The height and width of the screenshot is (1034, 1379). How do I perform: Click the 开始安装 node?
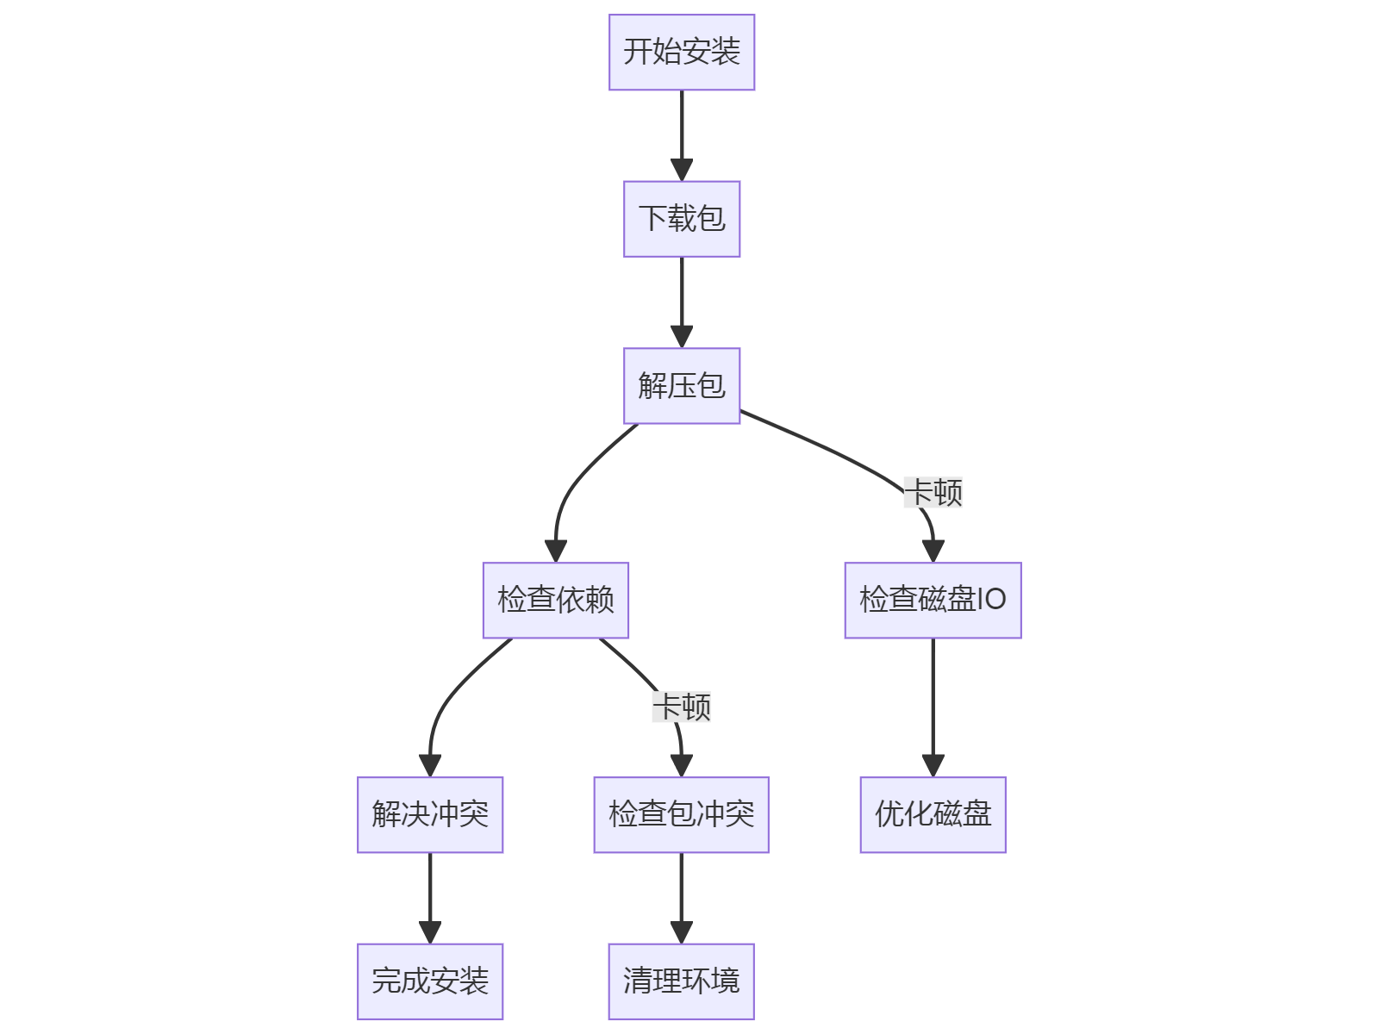tap(682, 52)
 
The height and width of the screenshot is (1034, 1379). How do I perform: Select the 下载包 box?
tap(682, 219)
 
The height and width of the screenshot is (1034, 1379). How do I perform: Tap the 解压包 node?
tap(682, 386)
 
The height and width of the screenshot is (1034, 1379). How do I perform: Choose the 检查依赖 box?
tap(556, 600)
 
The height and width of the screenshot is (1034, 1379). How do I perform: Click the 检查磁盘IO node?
tap(933, 600)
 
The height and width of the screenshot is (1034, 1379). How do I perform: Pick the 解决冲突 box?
tap(430, 814)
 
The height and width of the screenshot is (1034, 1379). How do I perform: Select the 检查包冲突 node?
tap(681, 814)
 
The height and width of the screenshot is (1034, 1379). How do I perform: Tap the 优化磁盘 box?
tap(933, 814)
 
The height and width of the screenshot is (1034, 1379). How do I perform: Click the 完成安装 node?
tap(430, 981)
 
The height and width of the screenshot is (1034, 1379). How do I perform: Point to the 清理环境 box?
tap(681, 981)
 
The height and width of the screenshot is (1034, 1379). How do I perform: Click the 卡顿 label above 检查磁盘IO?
tap(933, 493)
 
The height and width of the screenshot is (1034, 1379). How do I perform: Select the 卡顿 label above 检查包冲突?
tap(682, 707)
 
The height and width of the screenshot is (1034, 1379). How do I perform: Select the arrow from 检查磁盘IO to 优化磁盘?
tap(933, 707)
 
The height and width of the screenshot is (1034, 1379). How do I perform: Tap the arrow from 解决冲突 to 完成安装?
tap(430, 898)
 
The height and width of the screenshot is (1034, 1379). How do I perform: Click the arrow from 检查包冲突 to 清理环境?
tap(681, 898)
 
